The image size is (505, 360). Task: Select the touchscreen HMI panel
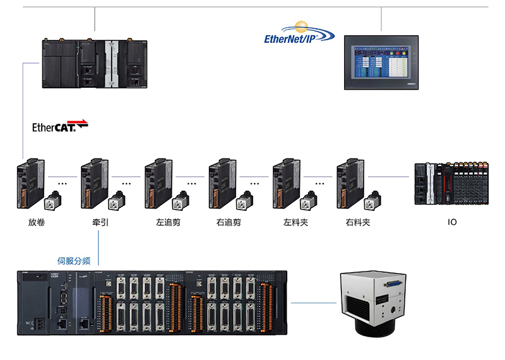click(382, 63)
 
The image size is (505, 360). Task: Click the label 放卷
click(37, 222)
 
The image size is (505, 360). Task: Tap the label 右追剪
click(228, 222)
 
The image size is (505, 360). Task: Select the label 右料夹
click(357, 222)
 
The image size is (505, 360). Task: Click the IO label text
click(452, 222)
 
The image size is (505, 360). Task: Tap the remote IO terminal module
click(452, 183)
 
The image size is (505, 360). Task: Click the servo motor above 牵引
click(117, 200)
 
